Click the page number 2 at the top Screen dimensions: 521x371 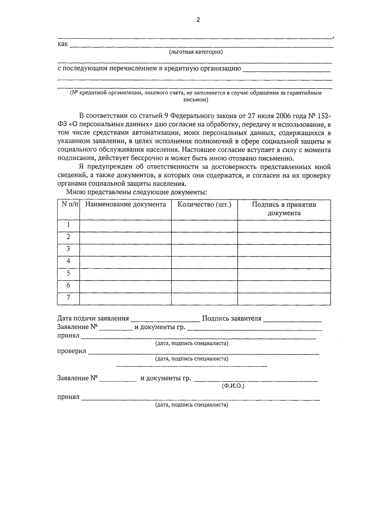[198, 20]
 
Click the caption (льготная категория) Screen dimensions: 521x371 [196, 52]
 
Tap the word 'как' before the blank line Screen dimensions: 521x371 [63, 44]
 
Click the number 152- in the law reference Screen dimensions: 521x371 [324, 116]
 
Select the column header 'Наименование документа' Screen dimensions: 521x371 [125, 205]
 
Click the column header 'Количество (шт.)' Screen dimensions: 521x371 [204, 205]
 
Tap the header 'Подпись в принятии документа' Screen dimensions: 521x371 [284, 209]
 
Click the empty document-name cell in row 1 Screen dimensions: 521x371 [125, 226]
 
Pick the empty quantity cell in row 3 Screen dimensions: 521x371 [204, 250]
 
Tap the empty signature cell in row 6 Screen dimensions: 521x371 [284, 286]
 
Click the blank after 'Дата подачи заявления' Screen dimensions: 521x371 [165, 319]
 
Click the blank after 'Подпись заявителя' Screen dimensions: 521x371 [292, 319]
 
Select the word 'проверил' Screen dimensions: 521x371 [72, 352]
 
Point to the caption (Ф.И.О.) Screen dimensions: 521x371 [233, 386]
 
